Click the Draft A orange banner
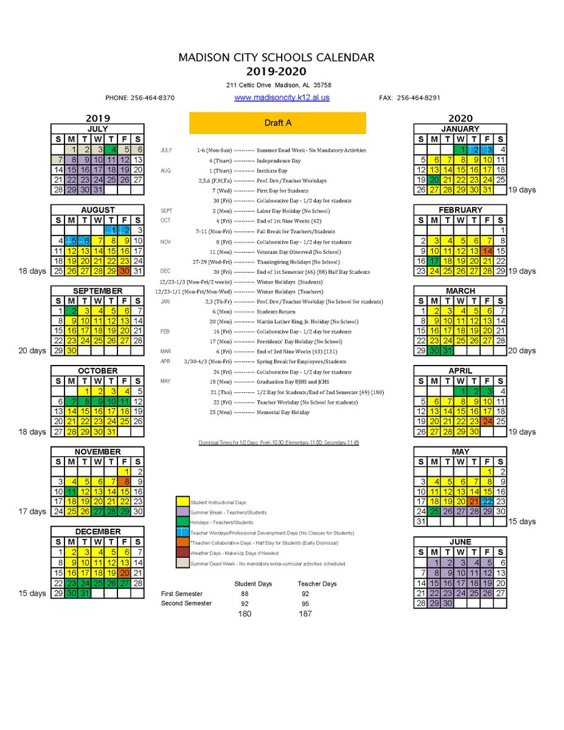click(277, 122)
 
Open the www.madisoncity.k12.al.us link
click(282, 97)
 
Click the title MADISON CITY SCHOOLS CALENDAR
click(276, 58)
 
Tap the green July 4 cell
click(114, 149)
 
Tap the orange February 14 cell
click(487, 251)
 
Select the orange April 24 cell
click(487, 421)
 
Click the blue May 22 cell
click(487, 502)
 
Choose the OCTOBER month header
click(97, 370)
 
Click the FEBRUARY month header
click(460, 210)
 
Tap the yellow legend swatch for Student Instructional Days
click(181, 502)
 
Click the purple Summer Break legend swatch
click(181, 512)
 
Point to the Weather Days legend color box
click(181, 552)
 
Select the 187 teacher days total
click(305, 613)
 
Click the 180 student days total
click(244, 613)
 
